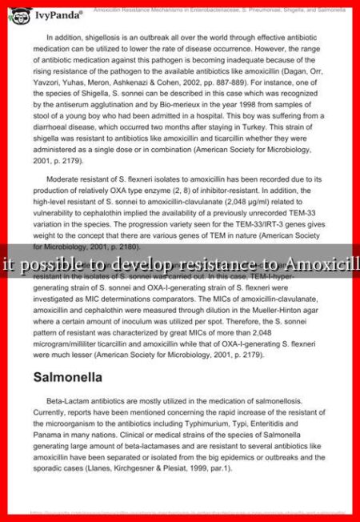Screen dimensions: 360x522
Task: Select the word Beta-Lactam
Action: [68, 402]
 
